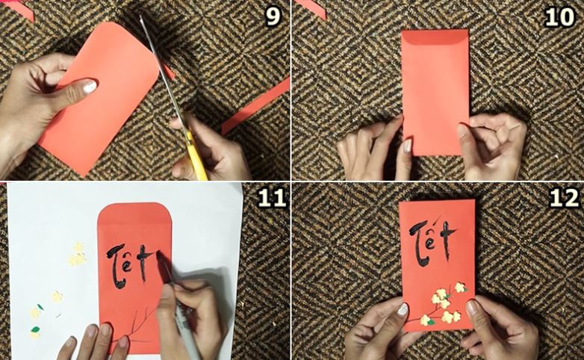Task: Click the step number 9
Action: click(x=273, y=16)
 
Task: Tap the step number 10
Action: click(x=559, y=16)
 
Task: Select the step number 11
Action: click(x=273, y=197)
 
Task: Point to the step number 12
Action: click(x=564, y=197)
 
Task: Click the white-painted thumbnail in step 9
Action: click(x=90, y=87)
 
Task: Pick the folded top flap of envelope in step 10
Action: click(x=435, y=37)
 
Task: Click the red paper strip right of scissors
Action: click(x=255, y=106)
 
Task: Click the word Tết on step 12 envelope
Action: click(x=433, y=241)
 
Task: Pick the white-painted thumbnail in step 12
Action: click(x=403, y=310)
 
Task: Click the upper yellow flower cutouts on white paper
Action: click(x=78, y=255)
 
